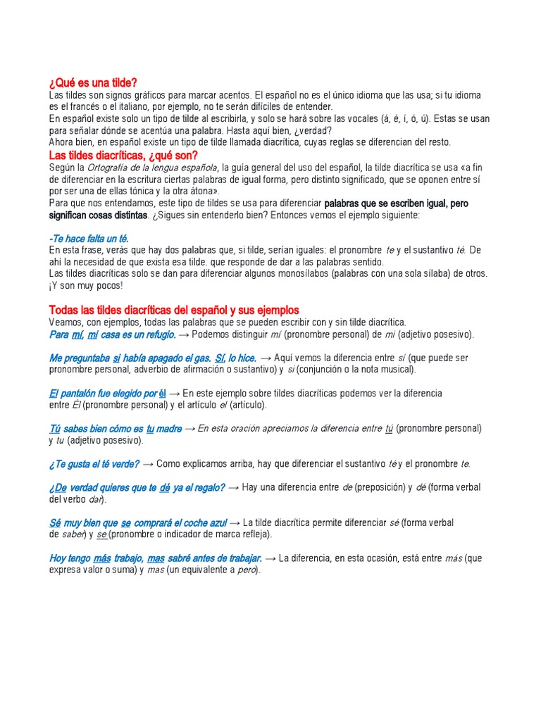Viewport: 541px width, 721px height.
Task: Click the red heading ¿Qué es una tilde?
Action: click(93, 84)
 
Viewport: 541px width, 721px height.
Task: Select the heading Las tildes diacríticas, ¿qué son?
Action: click(123, 155)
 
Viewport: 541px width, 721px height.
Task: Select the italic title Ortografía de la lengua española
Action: click(153, 168)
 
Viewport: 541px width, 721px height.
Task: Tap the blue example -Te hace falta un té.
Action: click(89, 239)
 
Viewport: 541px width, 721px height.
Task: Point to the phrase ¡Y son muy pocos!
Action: click(86, 285)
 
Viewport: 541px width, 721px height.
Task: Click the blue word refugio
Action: click(157, 334)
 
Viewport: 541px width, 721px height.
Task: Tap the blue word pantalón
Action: click(87, 394)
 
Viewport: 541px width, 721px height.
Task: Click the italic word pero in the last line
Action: click(246, 570)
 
